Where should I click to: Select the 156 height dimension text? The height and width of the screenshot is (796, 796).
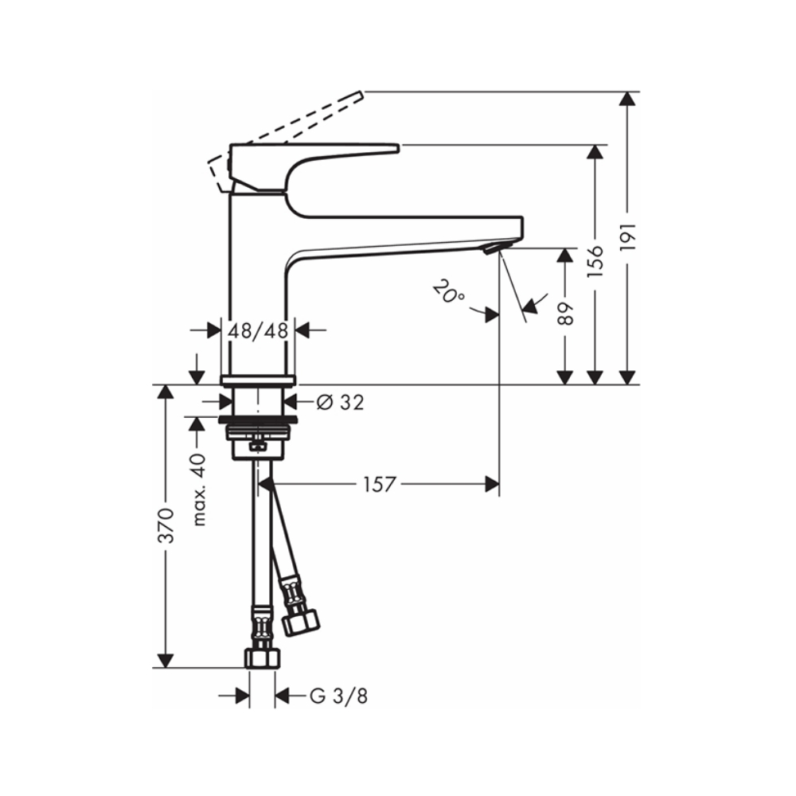tap(595, 261)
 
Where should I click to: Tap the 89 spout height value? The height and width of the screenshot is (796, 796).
tap(565, 314)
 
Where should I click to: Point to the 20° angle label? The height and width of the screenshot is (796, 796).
tap(448, 292)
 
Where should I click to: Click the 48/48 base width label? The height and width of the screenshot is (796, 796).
tap(258, 331)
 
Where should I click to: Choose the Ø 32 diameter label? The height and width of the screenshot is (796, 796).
tap(341, 403)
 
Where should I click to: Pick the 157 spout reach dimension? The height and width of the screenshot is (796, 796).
tap(379, 484)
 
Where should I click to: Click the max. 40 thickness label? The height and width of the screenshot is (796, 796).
tap(200, 490)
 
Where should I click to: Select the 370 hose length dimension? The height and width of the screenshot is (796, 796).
tap(166, 525)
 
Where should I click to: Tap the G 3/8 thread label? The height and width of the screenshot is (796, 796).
tap(338, 696)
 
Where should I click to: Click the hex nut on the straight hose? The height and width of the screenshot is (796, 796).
tap(263, 658)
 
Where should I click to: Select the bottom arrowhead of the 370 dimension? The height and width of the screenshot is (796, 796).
tap(165, 661)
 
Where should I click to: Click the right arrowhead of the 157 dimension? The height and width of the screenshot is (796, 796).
tap(492, 484)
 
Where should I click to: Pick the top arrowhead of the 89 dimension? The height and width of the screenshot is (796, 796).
tap(565, 255)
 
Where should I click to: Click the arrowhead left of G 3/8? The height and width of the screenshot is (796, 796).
tap(243, 696)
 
